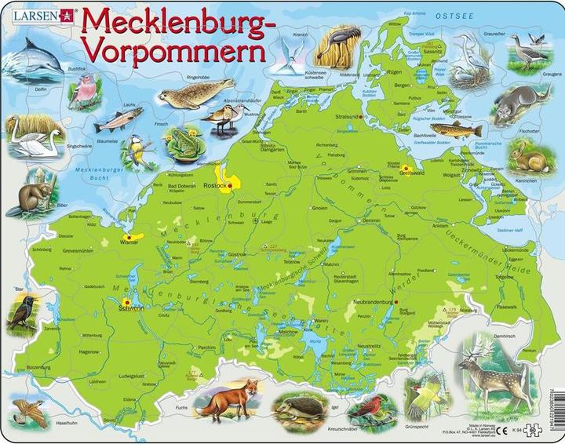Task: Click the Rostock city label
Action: [213, 185]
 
